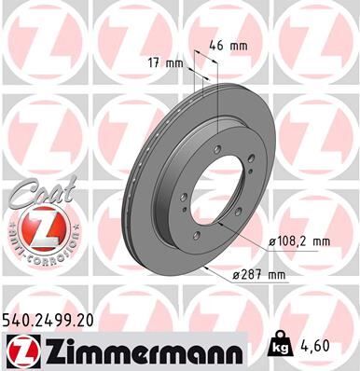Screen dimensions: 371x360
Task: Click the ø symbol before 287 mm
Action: coord(236,273)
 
